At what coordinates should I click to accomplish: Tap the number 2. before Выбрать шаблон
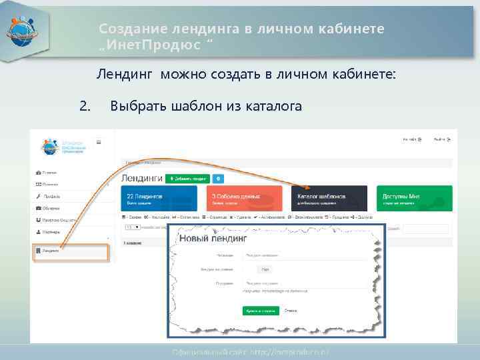[x=84, y=105]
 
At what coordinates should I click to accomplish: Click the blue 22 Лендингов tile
[x=159, y=199]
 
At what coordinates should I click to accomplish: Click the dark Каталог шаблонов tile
[x=329, y=199]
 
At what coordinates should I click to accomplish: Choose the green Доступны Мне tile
[x=414, y=199]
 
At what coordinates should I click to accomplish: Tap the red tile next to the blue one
[x=244, y=199]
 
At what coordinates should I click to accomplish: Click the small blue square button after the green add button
[x=219, y=179]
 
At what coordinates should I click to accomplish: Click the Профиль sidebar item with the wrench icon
[x=51, y=196]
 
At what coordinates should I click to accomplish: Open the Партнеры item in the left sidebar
[x=51, y=231]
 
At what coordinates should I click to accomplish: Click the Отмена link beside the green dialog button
[x=291, y=311]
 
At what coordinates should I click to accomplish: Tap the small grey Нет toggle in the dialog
[x=265, y=269]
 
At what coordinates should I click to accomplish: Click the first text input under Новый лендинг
[x=303, y=255]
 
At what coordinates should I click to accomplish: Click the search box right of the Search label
[x=425, y=229]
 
